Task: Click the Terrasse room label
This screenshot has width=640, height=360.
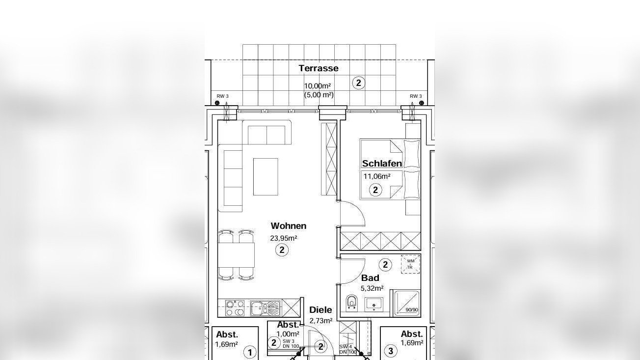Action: tap(319, 68)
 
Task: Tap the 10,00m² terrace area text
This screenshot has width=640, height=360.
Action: tap(318, 86)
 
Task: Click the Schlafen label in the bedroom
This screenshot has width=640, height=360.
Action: tap(382, 164)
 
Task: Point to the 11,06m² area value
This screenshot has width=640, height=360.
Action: tap(377, 176)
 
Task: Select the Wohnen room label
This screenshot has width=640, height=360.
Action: tap(289, 226)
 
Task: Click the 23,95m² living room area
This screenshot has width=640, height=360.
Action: tap(284, 238)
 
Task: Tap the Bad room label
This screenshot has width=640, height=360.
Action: tap(370, 278)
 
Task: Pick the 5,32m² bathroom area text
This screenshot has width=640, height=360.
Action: tap(372, 288)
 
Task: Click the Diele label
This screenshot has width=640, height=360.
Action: tap(321, 310)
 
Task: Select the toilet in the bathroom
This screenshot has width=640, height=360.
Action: tap(351, 303)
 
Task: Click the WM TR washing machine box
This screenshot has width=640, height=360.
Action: tap(411, 264)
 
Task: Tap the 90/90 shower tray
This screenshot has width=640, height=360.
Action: tap(407, 304)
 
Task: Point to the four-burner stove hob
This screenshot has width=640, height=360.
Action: tap(235, 308)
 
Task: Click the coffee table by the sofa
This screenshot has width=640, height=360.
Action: tap(266, 177)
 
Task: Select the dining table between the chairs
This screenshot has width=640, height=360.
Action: tap(236, 255)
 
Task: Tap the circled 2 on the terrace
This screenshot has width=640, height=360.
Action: tap(359, 83)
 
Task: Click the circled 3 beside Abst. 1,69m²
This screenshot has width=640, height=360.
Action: tap(391, 351)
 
